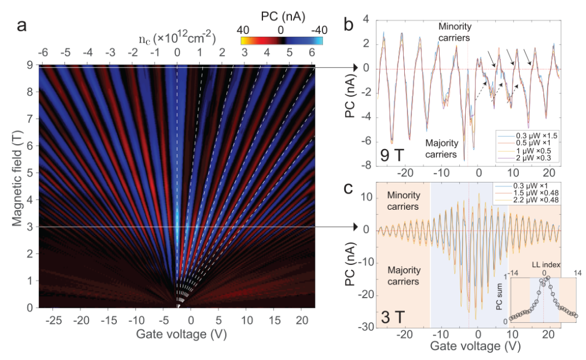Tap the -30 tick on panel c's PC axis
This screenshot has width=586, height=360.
pyautogui.click(x=364, y=327)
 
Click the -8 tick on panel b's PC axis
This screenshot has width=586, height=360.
pyautogui.click(x=367, y=165)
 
